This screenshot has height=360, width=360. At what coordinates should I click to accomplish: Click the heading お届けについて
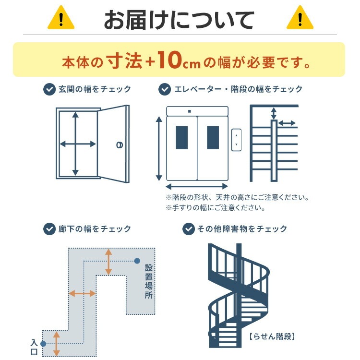(180, 20)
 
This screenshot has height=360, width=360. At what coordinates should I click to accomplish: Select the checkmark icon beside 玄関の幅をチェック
(49, 89)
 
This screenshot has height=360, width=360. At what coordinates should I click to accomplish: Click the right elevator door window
(213, 137)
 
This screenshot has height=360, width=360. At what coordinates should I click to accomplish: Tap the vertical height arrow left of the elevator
(159, 148)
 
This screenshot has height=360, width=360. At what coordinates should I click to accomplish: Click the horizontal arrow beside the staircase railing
(287, 123)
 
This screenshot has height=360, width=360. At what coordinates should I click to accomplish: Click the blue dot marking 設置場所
(137, 261)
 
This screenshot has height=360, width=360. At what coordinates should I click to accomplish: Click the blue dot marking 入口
(43, 344)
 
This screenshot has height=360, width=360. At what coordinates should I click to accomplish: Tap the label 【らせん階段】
(272, 336)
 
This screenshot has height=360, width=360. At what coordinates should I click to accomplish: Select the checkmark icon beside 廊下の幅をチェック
(49, 229)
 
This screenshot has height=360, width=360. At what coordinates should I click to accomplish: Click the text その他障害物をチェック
(242, 229)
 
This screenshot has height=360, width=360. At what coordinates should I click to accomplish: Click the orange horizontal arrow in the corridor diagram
(82, 293)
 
